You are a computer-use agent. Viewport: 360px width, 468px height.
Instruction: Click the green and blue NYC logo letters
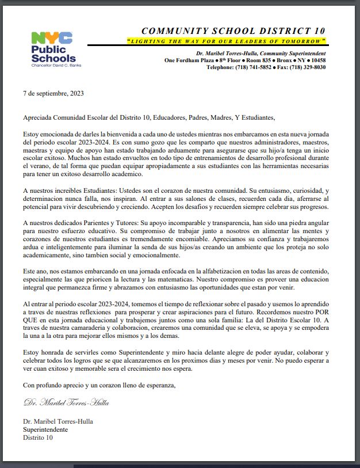52,39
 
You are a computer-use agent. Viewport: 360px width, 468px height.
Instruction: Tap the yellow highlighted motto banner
227,41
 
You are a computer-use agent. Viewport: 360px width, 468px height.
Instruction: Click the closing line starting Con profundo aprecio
98,384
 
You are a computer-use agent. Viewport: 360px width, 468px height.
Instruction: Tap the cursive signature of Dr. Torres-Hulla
66,402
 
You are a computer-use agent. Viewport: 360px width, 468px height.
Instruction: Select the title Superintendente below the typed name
45,429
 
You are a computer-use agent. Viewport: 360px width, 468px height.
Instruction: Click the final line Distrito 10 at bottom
37,437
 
